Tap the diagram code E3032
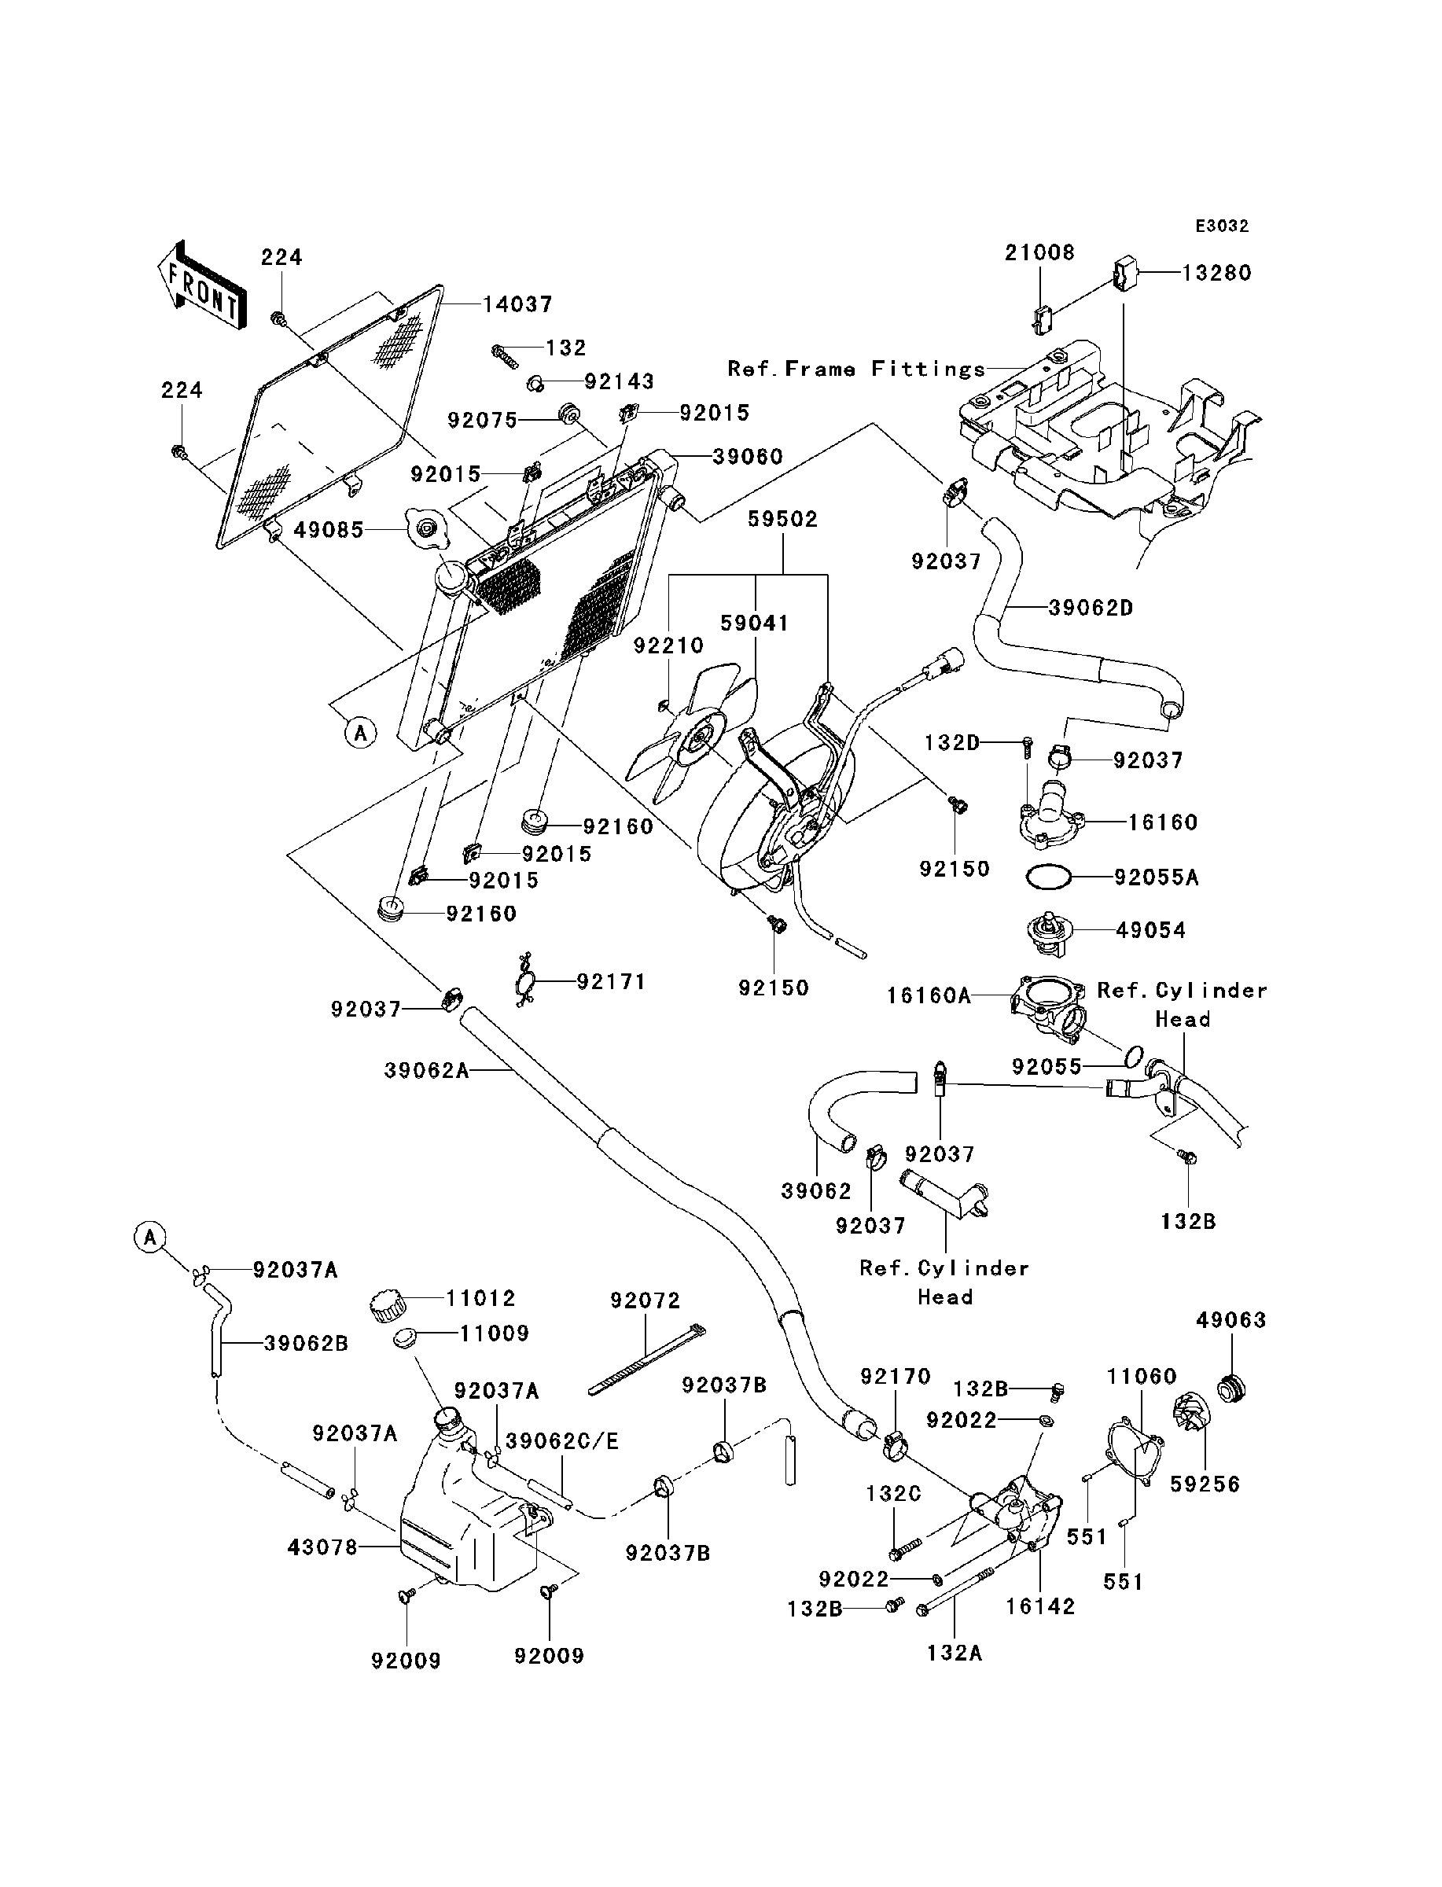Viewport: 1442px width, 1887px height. click(1223, 226)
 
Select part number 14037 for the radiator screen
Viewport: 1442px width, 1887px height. click(517, 303)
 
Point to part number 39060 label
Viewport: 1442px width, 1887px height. click(748, 457)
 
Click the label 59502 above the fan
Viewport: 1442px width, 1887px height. click(783, 519)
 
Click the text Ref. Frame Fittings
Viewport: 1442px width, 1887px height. click(856, 369)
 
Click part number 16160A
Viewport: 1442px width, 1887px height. click(929, 995)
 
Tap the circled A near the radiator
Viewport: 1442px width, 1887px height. click(360, 733)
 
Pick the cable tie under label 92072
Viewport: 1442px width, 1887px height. click(647, 1360)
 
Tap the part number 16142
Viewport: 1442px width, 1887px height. click(1040, 1606)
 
